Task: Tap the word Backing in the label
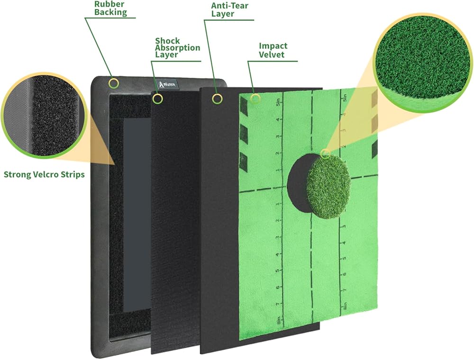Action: [x=110, y=12]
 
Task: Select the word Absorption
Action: [x=178, y=48]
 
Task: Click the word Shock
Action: [x=168, y=41]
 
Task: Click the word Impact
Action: [x=273, y=46]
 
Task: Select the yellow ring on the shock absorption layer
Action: [x=158, y=99]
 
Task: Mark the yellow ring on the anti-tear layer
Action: [x=217, y=99]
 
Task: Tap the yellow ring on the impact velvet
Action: [x=256, y=99]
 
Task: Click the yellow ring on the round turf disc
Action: [x=325, y=153]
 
